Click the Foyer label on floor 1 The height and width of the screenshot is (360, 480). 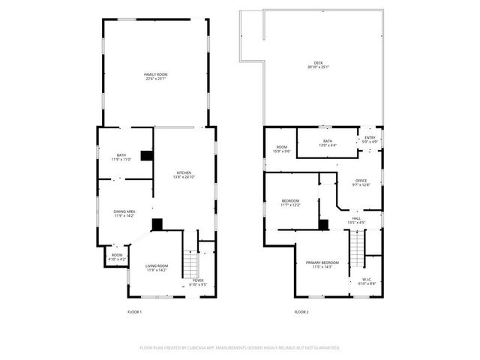(198, 282)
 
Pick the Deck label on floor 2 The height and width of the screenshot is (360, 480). (317, 65)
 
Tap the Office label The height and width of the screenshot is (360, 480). (361, 182)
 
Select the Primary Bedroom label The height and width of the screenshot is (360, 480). (322, 264)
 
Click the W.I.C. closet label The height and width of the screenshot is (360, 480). (366, 282)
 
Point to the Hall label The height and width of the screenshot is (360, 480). (356, 220)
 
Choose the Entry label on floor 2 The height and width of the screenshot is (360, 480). (370, 139)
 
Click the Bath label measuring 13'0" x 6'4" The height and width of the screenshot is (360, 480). (328, 143)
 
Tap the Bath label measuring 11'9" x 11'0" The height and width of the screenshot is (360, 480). (121, 157)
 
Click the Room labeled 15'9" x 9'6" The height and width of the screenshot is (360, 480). (282, 149)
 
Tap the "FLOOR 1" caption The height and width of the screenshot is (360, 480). (134, 311)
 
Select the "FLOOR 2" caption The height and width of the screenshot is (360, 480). (301, 311)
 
